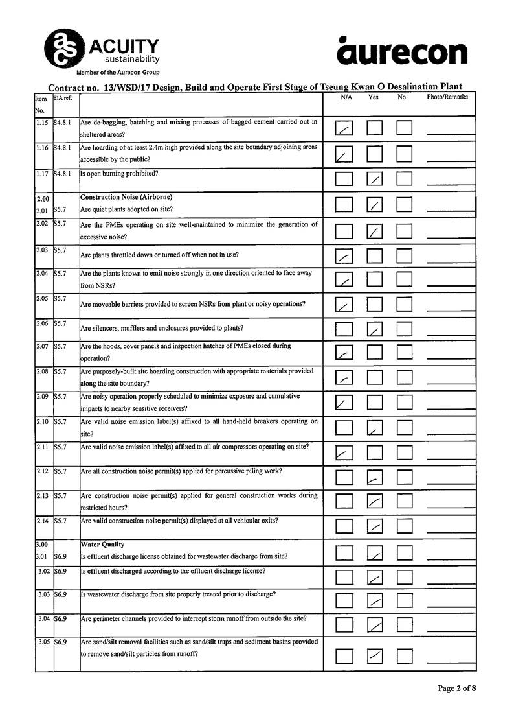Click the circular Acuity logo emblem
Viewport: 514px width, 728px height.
tap(63, 47)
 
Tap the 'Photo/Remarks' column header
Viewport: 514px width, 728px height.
tap(447, 97)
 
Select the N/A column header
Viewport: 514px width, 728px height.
tap(346, 97)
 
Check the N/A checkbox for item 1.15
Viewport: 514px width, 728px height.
tap(344, 128)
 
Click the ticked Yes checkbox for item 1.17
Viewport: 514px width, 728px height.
tap(375, 178)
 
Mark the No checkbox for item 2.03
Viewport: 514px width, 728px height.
tap(405, 257)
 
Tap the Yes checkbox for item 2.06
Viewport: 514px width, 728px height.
tap(375, 329)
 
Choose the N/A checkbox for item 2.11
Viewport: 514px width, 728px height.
tap(344, 452)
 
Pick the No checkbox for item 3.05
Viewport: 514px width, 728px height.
tap(405, 655)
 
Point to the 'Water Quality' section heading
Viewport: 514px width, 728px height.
tap(102, 545)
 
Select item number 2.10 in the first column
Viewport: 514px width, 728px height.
tap(43, 422)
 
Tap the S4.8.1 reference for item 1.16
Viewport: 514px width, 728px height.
tap(63, 148)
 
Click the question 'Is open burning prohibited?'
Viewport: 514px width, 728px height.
tap(119, 174)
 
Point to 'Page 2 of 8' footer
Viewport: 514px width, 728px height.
tap(457, 688)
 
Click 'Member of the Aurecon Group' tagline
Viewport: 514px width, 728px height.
tap(118, 73)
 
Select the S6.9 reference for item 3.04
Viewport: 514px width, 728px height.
tap(60, 618)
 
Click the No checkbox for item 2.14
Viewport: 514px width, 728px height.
tap(405, 526)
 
